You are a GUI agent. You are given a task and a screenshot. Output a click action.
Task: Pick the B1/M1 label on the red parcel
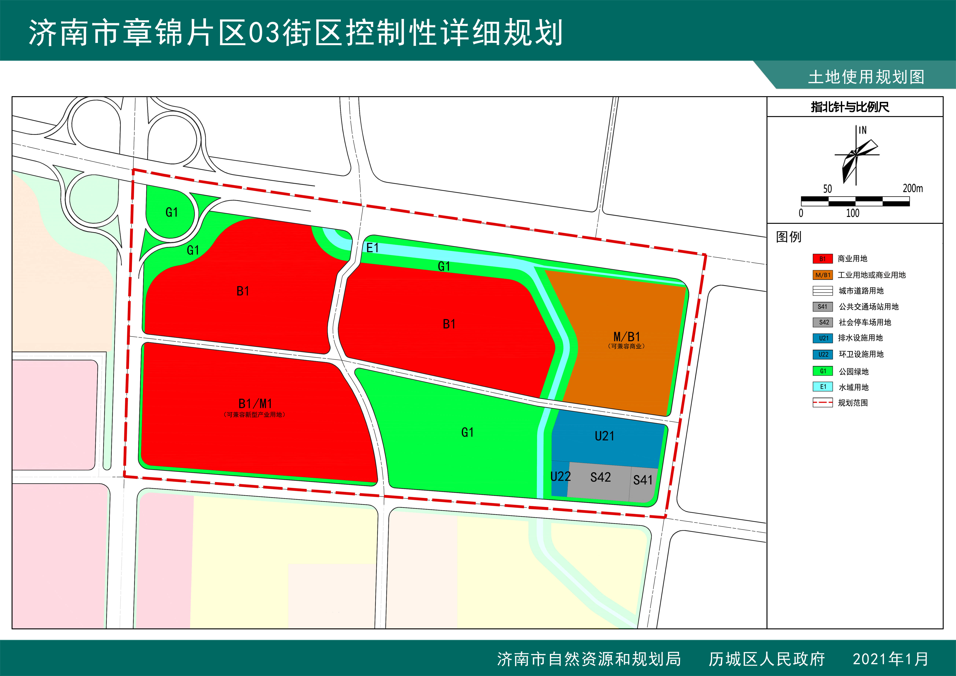tap(255, 403)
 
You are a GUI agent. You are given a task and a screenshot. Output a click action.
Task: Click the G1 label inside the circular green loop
tap(172, 212)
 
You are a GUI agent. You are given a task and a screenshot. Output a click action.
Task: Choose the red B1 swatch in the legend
tap(822, 259)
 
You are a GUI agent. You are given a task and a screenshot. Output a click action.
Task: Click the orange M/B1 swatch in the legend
tap(822, 275)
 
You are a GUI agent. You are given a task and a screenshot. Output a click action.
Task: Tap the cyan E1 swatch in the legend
tap(822, 387)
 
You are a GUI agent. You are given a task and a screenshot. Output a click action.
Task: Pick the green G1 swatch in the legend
tap(822, 371)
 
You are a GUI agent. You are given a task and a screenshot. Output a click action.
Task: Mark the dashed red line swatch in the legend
tap(822, 402)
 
